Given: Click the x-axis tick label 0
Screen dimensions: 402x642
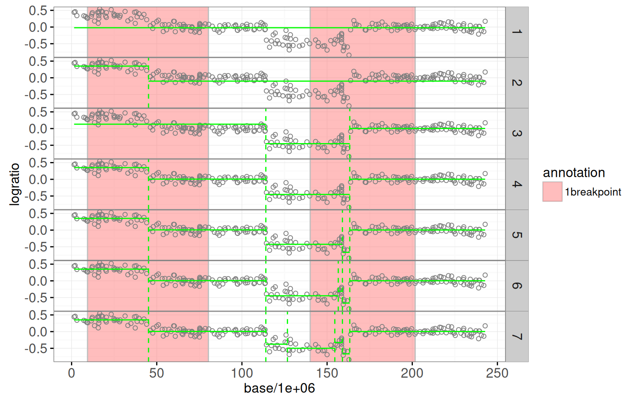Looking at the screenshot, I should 71,373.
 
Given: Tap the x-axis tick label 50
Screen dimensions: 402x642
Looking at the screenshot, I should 156,373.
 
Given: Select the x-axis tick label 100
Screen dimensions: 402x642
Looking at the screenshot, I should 242,373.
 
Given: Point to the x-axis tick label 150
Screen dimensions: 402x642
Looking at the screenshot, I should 327,373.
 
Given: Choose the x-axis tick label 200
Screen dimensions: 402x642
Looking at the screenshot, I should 412,373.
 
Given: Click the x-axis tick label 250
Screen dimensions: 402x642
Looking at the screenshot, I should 497,373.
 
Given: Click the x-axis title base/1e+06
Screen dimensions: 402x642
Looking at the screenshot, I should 279,388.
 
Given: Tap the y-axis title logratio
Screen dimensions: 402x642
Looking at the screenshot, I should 14,184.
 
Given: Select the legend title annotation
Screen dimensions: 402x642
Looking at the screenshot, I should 574,173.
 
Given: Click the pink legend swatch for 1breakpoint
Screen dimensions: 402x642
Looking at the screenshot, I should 552,192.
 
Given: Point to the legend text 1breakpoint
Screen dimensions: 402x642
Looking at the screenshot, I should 593,192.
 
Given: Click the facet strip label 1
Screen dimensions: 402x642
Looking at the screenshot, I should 517,32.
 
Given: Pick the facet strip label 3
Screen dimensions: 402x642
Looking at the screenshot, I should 517,133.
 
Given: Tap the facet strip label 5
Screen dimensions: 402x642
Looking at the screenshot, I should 517,235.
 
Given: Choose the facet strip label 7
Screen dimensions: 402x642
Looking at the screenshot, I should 517,336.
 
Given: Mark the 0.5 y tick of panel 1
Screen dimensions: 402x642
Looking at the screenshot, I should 38,11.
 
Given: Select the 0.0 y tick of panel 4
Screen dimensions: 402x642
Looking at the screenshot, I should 38,180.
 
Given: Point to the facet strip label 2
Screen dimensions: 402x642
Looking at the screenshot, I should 517,83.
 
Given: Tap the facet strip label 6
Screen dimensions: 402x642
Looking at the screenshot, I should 517,286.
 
